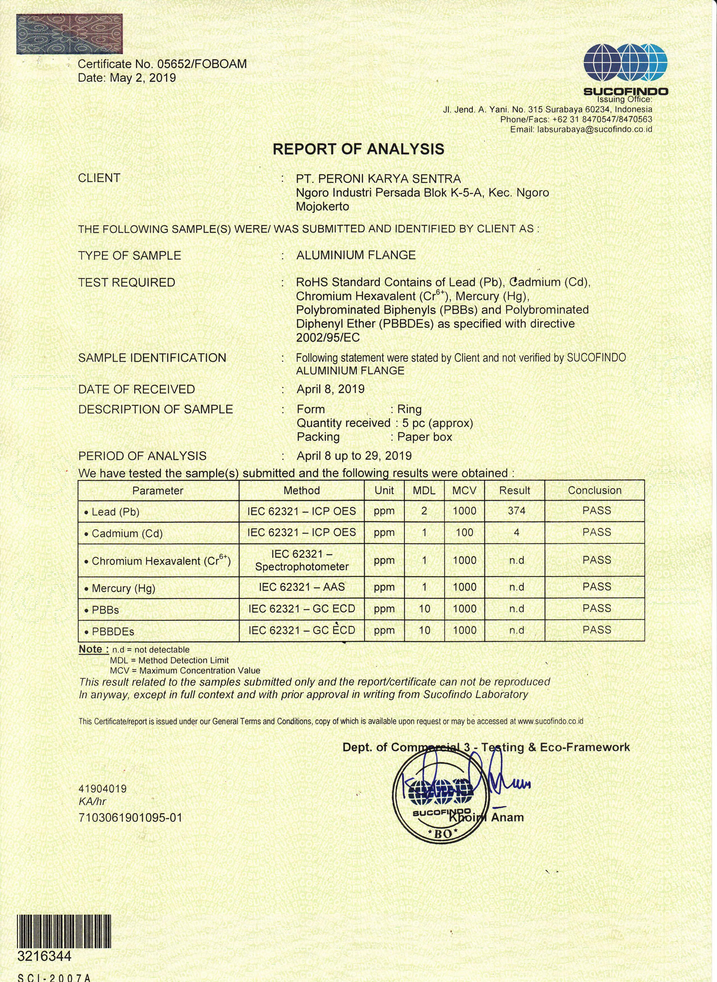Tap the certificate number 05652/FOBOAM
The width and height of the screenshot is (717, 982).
tap(202, 64)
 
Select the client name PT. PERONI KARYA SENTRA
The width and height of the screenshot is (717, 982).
tap(378, 178)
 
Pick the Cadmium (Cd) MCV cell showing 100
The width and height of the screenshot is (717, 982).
tap(464, 533)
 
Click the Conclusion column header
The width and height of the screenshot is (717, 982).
tap(595, 490)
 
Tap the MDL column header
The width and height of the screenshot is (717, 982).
tap(424, 490)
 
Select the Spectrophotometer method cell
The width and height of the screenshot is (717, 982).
tap(302, 561)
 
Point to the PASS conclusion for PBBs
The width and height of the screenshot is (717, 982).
tap(597, 608)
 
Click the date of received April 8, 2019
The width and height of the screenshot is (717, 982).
tap(330, 389)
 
